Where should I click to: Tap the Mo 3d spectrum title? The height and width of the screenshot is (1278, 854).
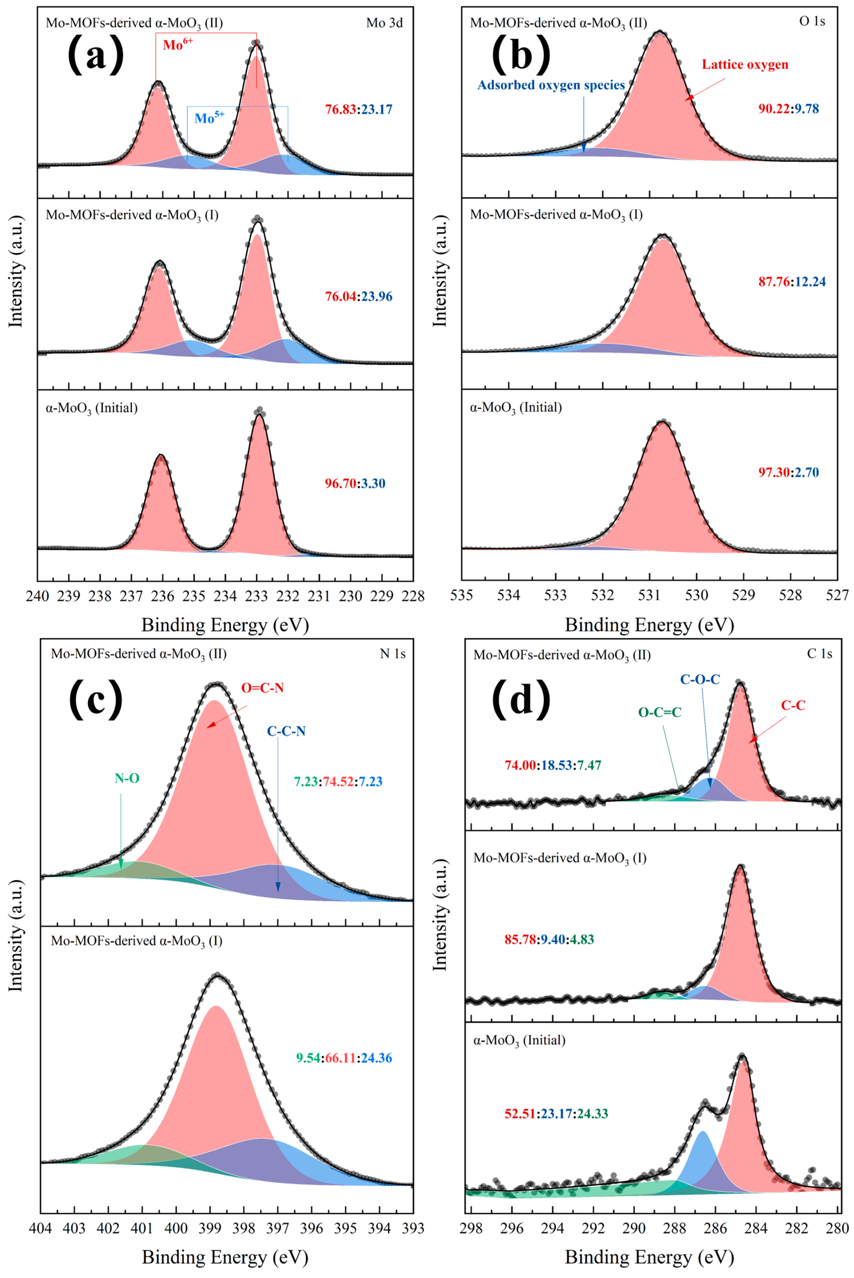coord(385,23)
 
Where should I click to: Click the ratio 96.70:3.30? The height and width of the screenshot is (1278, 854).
coord(355,483)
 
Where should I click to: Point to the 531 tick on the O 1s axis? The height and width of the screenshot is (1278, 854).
coord(649,596)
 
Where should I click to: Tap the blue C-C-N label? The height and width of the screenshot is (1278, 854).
coord(286,731)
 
